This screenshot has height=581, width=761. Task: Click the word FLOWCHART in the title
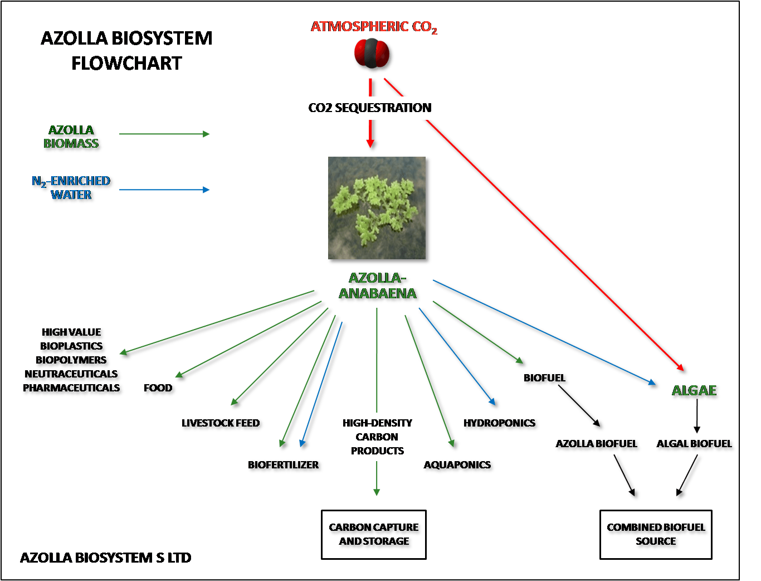click(126, 63)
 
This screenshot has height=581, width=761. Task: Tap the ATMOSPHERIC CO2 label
click(374, 27)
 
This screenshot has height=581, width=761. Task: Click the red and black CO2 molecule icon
click(374, 55)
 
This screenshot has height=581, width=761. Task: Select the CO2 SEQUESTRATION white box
click(370, 108)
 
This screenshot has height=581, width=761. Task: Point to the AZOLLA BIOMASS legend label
click(71, 137)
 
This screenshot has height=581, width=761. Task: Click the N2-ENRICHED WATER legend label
click(71, 188)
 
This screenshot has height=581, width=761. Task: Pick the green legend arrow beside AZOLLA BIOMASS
click(165, 134)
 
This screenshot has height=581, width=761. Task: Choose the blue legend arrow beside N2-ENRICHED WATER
click(165, 190)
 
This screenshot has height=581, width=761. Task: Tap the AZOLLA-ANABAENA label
click(378, 286)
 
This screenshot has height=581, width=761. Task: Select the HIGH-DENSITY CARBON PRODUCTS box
click(377, 437)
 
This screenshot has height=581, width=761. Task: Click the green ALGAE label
click(694, 391)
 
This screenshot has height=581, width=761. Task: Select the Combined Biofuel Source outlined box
click(656, 534)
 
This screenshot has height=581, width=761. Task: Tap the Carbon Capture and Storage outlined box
click(374, 534)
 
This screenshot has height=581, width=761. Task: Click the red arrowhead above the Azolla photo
click(370, 144)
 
